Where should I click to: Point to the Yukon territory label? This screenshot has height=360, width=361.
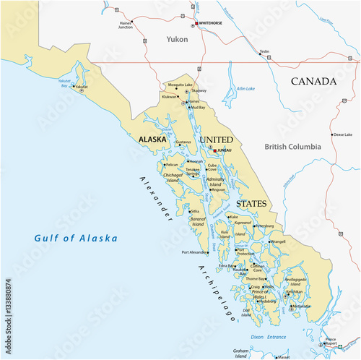tap(177, 39)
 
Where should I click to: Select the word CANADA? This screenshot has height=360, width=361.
tap(314, 82)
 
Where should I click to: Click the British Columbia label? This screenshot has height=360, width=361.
tap(292, 147)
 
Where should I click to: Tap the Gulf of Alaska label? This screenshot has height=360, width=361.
tap(75, 238)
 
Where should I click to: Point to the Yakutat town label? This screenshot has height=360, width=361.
tap(81, 87)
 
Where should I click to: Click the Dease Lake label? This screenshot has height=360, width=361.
tap(343, 134)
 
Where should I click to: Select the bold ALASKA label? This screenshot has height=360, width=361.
tap(153, 139)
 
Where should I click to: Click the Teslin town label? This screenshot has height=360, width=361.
tap(264, 52)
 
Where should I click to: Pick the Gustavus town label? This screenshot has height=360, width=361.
tap(183, 142)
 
